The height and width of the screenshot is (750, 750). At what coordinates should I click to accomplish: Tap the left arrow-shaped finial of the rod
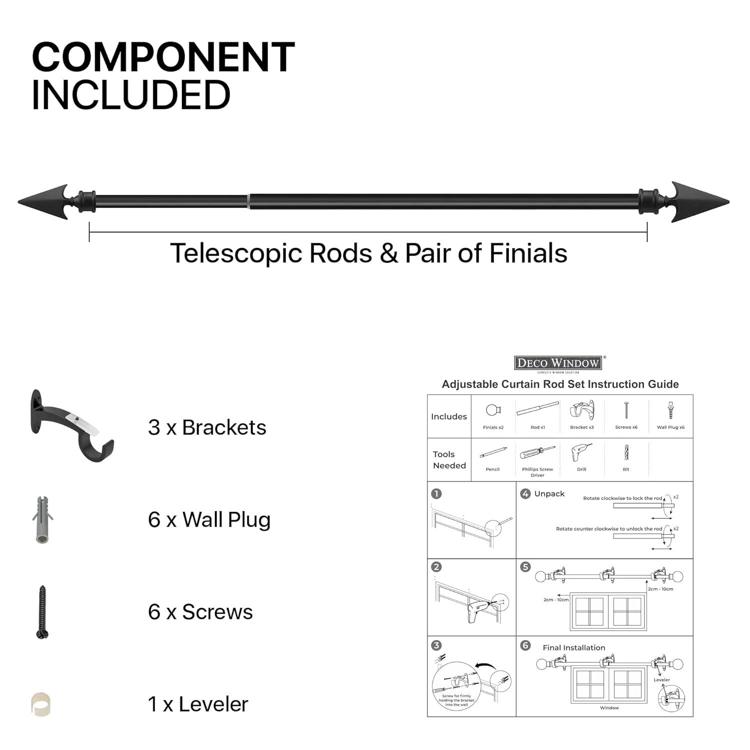click(x=45, y=201)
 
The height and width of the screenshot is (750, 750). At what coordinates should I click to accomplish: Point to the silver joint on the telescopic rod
click(x=248, y=201)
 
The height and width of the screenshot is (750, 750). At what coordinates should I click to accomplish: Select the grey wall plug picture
click(x=42, y=520)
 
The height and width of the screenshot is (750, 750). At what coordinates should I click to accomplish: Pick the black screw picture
click(x=42, y=612)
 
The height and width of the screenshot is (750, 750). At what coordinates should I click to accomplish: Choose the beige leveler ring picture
click(x=41, y=704)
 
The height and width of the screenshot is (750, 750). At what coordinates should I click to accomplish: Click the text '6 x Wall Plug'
click(x=209, y=520)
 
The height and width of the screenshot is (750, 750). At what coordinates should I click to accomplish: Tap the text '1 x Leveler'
click(x=198, y=704)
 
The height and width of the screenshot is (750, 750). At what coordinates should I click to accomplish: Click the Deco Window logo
click(x=558, y=363)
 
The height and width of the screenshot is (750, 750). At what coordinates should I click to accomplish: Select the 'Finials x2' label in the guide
click(x=493, y=427)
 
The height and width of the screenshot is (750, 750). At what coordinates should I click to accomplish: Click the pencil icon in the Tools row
click(x=493, y=453)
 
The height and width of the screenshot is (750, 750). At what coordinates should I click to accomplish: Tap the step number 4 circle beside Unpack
click(x=525, y=494)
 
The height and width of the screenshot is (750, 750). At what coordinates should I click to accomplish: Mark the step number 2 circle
click(x=436, y=567)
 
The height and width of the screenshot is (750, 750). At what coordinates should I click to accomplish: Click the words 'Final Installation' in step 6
click(x=574, y=647)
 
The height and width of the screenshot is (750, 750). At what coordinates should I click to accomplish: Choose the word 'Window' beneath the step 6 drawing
click(x=609, y=708)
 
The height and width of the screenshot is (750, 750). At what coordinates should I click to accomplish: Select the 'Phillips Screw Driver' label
click(x=537, y=472)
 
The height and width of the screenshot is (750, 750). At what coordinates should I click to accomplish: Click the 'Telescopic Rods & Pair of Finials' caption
click(x=369, y=253)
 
